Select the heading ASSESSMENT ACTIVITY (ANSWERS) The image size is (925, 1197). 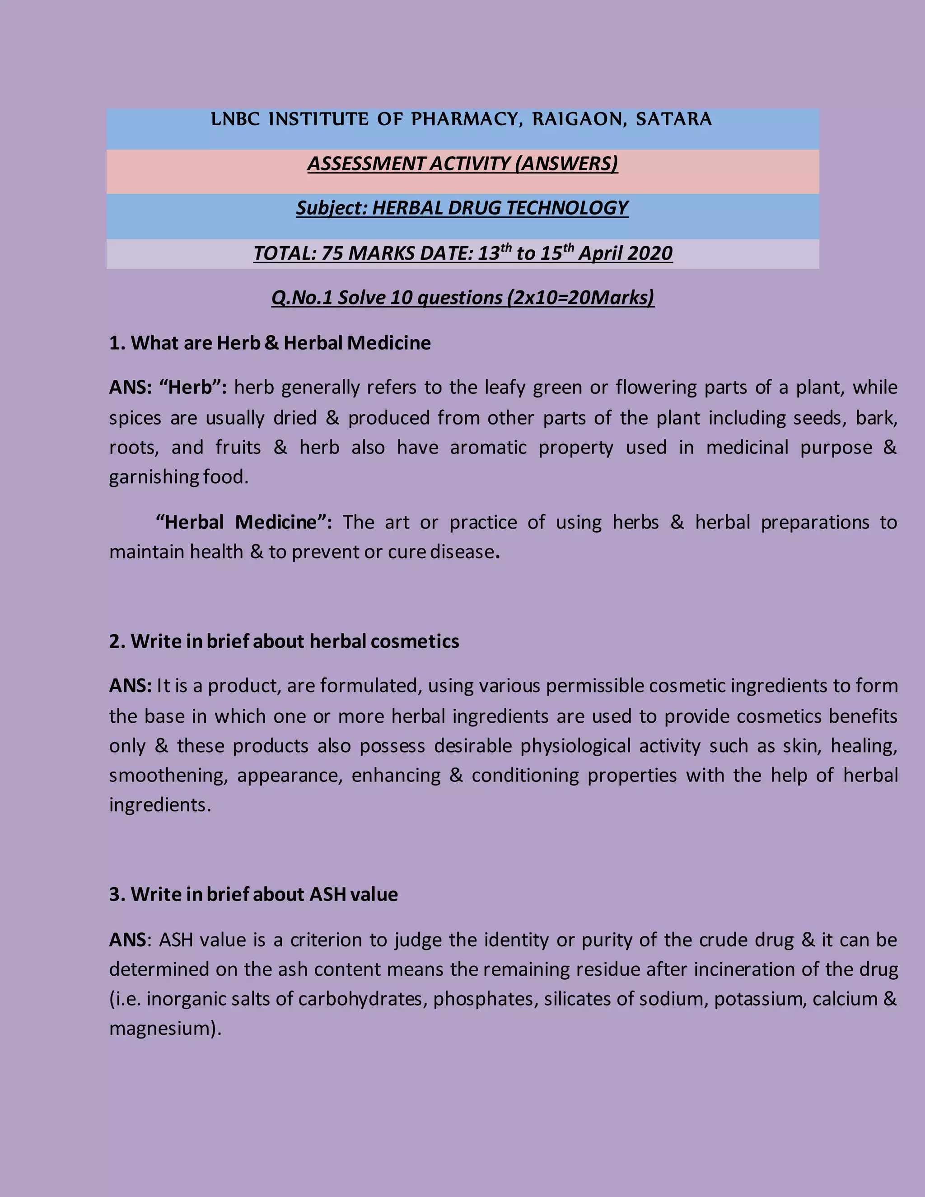point(462,164)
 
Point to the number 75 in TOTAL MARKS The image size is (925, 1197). point(332,253)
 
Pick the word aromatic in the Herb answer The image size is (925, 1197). point(488,447)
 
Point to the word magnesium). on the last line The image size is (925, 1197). point(165,1029)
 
